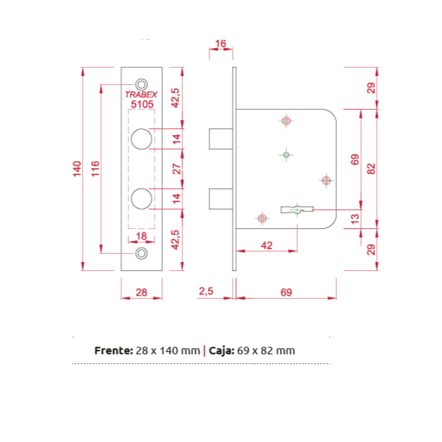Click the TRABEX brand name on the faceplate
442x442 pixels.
pyautogui.click(x=141, y=95)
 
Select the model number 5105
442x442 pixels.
pyautogui.click(x=142, y=104)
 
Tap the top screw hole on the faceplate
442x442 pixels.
pyautogui.click(x=142, y=84)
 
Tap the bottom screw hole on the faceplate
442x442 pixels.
pyautogui.click(x=142, y=253)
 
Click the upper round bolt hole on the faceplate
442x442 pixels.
pyautogui.click(x=142, y=139)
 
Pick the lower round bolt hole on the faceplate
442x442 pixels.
pyautogui.click(x=142, y=199)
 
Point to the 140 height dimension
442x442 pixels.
pyautogui.click(x=77, y=169)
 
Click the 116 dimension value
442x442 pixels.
pyautogui.click(x=95, y=169)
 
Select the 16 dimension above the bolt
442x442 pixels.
pyautogui.click(x=221, y=44)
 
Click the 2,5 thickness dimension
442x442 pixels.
pyautogui.click(x=206, y=291)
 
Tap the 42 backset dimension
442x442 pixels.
pyautogui.click(x=266, y=245)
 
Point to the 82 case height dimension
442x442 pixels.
pyautogui.click(x=371, y=169)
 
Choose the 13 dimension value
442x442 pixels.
pyautogui.click(x=355, y=218)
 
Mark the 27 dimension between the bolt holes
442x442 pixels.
pyautogui.click(x=176, y=169)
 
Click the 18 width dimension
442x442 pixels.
pyautogui.click(x=141, y=236)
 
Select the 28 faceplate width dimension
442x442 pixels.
pyautogui.click(x=141, y=292)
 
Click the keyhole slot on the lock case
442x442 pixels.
pyautogui.click(x=297, y=209)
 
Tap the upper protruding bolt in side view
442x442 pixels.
pyautogui.click(x=221, y=139)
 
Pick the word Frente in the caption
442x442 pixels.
pyautogui.click(x=113, y=350)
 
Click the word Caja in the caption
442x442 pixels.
pyautogui.click(x=221, y=350)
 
